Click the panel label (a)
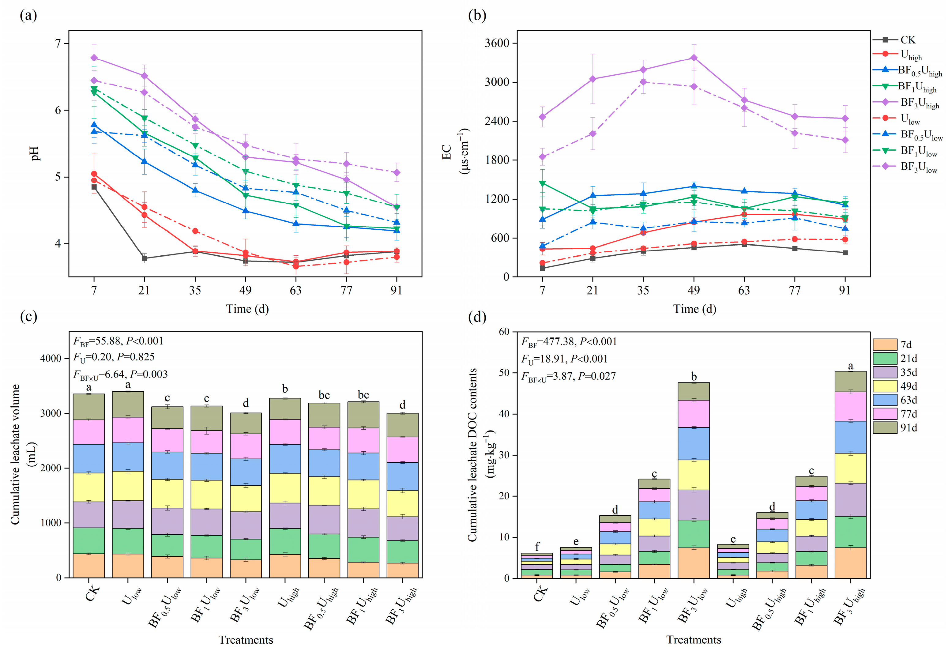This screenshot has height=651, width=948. [x=28, y=16]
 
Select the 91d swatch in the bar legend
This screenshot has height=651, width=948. [x=885, y=427]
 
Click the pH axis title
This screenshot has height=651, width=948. [x=35, y=153]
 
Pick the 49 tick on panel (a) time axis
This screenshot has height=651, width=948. [x=245, y=290]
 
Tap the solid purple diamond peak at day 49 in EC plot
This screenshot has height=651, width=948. [x=694, y=58]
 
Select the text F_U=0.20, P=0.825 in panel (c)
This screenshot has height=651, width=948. [x=114, y=357]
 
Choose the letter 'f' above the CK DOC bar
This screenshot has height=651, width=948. [x=537, y=547]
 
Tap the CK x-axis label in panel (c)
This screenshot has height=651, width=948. [x=92, y=593]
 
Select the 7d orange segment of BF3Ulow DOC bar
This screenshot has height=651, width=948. [x=694, y=563]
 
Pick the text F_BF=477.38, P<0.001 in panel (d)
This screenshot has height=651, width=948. [x=569, y=342]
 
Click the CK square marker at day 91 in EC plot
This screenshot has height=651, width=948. [x=845, y=253]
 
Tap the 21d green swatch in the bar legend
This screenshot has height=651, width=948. [x=885, y=359]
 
